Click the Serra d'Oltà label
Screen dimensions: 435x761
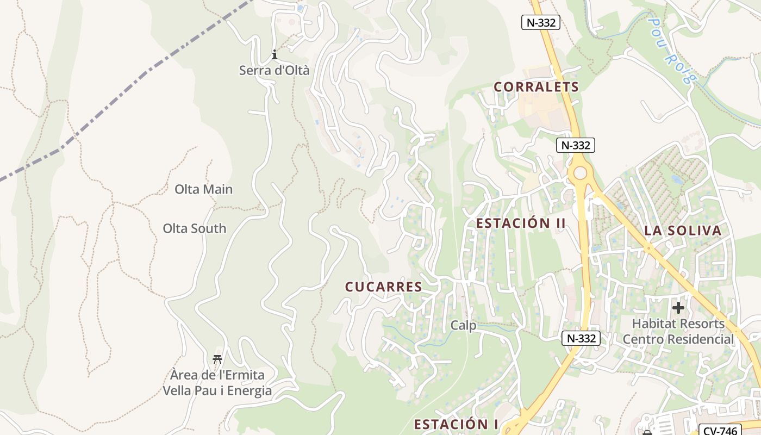pos(274,70)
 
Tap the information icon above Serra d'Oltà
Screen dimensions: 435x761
pos(275,54)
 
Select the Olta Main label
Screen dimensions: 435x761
pos(203,189)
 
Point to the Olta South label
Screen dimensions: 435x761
pos(194,228)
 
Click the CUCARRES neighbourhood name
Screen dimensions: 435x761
pos(383,287)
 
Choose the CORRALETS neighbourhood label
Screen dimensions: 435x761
pos(536,87)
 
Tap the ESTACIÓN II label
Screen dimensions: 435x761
pos(521,223)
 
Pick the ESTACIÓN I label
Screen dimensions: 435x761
pos(456,424)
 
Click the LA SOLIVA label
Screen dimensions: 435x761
pos(683,231)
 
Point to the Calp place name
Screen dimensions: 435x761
pos(463,326)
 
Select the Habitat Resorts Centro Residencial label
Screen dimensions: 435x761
pos(678,332)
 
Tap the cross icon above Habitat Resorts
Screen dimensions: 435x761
pos(678,308)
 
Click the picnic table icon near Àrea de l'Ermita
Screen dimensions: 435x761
pos(217,359)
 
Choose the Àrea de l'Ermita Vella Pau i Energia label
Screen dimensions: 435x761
pos(217,383)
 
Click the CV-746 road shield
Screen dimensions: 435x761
pos(719,430)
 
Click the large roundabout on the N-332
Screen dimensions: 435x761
pos(581,173)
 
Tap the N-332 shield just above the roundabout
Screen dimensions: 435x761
pos(576,146)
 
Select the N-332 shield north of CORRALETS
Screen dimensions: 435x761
pos(540,22)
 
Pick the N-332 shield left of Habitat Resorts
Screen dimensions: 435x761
pos(581,338)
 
